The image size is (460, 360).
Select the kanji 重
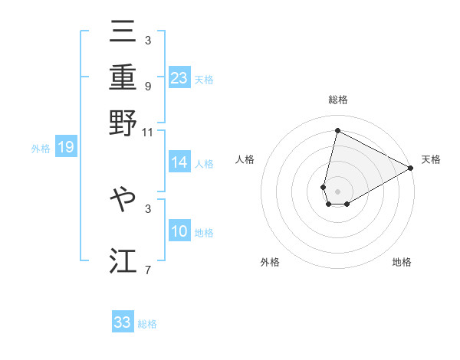click(x=123, y=80)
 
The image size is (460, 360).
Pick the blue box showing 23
click(x=179, y=77)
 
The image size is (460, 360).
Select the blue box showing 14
click(x=179, y=162)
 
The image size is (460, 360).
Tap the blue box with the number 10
click(x=179, y=231)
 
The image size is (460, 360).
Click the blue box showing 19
click(x=65, y=147)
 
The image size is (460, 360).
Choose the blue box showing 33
click(x=123, y=322)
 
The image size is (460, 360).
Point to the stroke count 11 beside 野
click(x=147, y=132)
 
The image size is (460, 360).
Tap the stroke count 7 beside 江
click(x=147, y=270)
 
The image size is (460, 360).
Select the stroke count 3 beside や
click(x=147, y=208)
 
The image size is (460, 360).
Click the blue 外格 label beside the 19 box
click(x=41, y=148)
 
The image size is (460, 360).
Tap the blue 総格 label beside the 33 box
click(x=147, y=323)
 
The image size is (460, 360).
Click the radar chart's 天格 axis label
click(x=431, y=159)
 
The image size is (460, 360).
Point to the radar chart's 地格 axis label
click(x=402, y=263)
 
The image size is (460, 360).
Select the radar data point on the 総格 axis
click(x=337, y=131)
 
